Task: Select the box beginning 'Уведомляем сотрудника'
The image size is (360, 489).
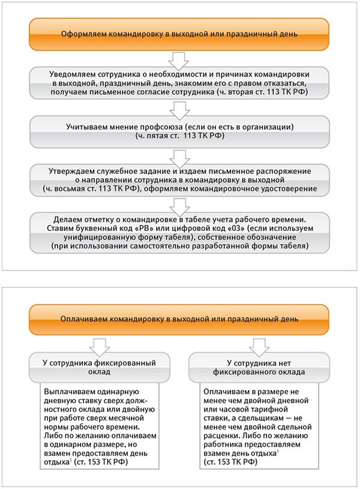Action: [179, 83]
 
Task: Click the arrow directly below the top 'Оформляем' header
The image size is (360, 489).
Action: [179, 58]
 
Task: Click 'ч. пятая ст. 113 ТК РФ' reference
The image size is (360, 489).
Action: [179, 137]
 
